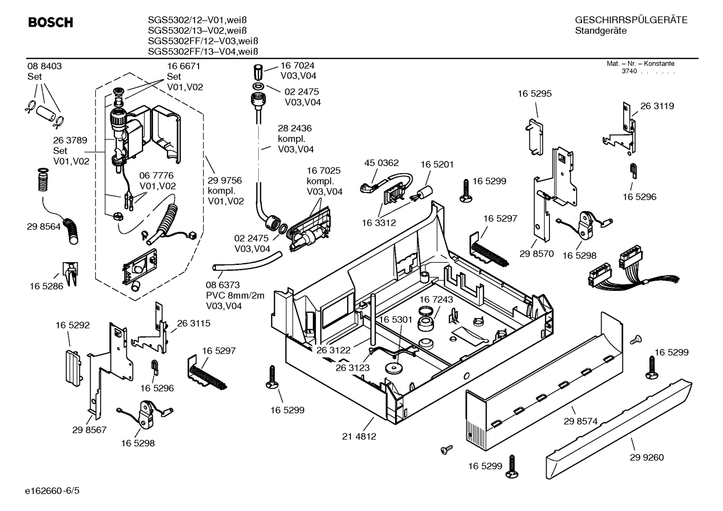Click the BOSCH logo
coord(50,23)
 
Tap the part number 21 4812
coord(359,436)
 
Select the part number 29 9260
coord(647,457)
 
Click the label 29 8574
coord(581,421)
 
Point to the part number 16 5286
coord(46,286)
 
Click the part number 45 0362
coord(382,163)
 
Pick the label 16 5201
coord(437,164)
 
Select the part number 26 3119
coord(657,106)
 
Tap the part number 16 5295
coord(534,94)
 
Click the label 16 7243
coord(436,299)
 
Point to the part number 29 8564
coord(44,227)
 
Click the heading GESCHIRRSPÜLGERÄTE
coord(631,20)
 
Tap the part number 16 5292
coord(72,325)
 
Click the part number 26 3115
coord(194,323)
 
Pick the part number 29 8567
coord(89,430)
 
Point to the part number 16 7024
coord(297,65)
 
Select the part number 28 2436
coord(295,128)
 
